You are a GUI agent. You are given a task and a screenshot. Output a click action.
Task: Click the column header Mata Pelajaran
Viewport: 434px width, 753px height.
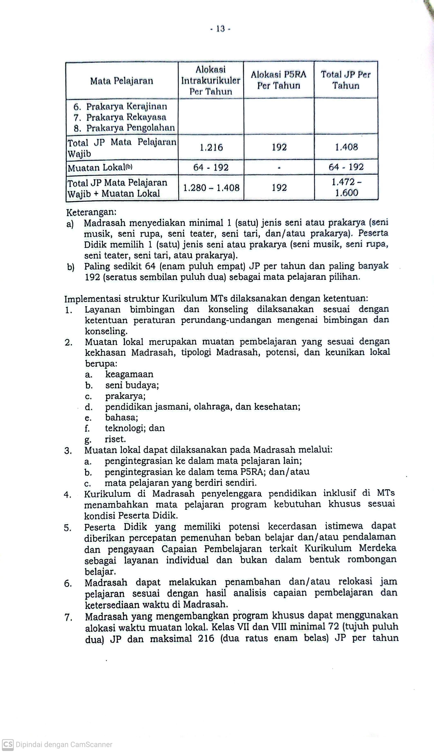coord(122,81)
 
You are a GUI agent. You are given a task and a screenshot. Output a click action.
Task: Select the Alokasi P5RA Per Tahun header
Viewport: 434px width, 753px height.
coord(279,80)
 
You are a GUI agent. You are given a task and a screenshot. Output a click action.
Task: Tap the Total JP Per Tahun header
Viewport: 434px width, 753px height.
coord(346,80)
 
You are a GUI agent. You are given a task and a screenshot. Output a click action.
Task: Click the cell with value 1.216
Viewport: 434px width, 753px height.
coord(211,147)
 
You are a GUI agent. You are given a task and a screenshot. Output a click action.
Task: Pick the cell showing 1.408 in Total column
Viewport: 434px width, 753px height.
coord(346,147)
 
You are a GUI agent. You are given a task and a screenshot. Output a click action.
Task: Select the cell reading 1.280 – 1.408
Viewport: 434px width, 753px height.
coord(211,188)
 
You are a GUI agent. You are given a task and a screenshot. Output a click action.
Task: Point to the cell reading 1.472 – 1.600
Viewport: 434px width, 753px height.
coord(346,187)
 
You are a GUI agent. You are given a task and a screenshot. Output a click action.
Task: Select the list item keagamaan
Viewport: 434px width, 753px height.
coord(129,374)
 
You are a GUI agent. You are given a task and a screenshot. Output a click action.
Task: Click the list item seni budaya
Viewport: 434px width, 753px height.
coord(132,385)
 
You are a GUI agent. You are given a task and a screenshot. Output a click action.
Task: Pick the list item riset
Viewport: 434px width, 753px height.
coord(115,439)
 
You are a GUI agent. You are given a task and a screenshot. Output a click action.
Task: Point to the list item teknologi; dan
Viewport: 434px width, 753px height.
coord(135,428)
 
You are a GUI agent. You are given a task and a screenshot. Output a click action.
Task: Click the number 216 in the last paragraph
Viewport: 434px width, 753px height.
coord(206,638)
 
